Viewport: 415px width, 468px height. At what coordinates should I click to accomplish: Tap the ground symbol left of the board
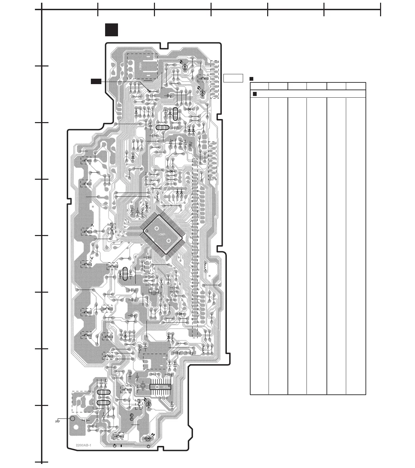[x=57, y=421]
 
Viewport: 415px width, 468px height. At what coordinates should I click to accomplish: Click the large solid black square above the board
[x=111, y=30]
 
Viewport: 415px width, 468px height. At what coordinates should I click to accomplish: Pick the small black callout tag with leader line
[x=96, y=81]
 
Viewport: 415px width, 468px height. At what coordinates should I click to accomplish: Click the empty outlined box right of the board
[x=233, y=78]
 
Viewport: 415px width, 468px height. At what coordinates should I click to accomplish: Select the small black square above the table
[x=252, y=79]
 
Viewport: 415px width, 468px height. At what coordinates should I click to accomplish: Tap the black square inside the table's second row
[x=255, y=94]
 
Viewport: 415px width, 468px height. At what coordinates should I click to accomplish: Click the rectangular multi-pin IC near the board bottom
[x=160, y=387]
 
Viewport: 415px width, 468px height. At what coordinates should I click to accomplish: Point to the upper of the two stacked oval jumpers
[x=103, y=392]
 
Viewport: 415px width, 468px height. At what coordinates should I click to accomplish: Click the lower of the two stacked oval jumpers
[x=103, y=403]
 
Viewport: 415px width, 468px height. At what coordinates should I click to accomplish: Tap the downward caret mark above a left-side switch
[x=92, y=258]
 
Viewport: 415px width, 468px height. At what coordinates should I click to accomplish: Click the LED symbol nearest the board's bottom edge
[x=148, y=438]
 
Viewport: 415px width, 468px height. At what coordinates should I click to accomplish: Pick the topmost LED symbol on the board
[x=185, y=67]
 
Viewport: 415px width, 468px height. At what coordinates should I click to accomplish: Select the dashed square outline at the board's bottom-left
[x=82, y=402]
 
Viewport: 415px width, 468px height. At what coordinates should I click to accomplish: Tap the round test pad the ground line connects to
[x=72, y=419]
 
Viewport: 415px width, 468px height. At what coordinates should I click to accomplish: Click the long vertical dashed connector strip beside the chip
[x=195, y=248]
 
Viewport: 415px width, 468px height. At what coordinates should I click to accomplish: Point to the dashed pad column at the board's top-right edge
[x=214, y=79]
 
